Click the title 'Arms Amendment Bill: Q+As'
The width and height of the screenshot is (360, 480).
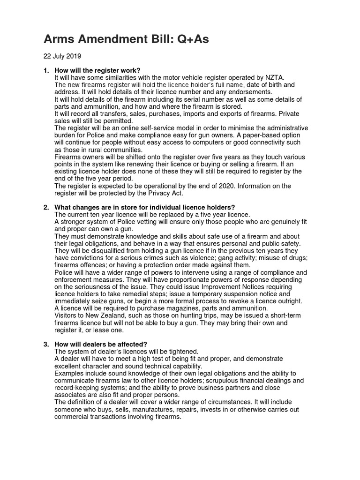coord(127,39)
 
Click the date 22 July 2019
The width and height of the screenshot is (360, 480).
coord(62,56)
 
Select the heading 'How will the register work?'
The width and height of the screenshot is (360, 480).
coord(97,70)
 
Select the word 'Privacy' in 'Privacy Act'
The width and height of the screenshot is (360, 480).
coord(152,193)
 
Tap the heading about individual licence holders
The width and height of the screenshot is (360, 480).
coord(144,207)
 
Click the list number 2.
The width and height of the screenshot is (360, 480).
coord(46,207)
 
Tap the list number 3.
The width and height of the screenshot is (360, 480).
coord(46,344)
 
